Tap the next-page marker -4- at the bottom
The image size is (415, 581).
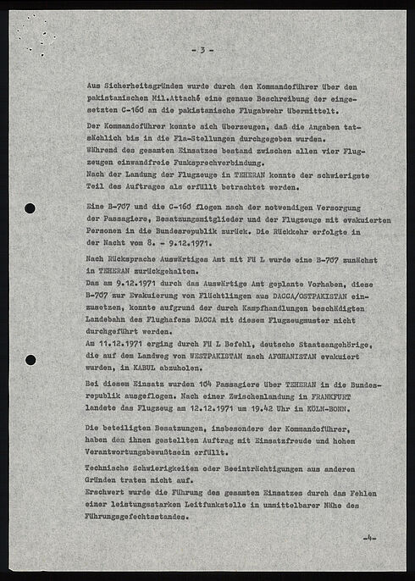[369, 539]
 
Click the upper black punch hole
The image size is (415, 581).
[30, 208]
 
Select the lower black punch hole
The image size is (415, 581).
[30, 359]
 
